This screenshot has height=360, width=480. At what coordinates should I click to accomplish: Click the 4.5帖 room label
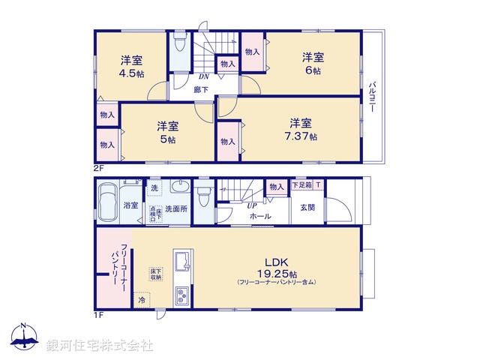coord(131,67)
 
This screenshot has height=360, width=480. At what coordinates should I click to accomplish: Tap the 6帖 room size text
coord(313,64)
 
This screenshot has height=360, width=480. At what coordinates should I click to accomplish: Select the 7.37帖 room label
coord(302,130)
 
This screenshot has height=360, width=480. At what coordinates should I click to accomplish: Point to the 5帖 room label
coord(166,133)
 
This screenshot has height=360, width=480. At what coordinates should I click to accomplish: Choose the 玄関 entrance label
coord(308,207)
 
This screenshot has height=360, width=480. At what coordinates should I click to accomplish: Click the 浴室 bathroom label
coord(130,204)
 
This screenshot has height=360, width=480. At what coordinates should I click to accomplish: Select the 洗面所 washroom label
coord(175,208)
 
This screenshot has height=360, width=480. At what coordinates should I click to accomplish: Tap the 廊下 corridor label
coord(201,89)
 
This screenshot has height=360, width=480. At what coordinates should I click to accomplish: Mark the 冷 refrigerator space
coord(142,299)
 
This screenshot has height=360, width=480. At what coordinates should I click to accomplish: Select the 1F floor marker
coord(98,314)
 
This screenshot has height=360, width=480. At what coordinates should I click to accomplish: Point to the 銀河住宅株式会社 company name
coord(99,346)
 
